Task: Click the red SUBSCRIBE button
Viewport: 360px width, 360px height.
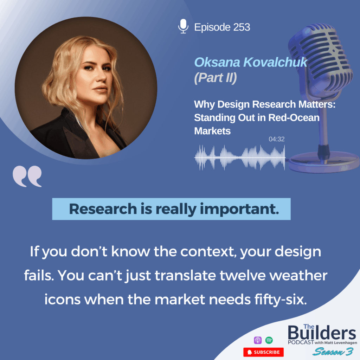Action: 263,352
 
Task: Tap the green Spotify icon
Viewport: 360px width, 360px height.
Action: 269,340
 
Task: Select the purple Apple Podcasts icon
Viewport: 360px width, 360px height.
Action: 258,340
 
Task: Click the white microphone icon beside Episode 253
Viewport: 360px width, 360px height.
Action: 183,26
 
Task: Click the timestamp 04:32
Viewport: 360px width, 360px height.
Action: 276,139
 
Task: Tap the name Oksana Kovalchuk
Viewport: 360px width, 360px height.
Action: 250,62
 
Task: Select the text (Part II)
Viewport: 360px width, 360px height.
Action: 216,78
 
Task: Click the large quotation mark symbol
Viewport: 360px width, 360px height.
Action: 27,176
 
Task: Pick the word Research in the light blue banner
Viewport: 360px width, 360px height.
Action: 103,209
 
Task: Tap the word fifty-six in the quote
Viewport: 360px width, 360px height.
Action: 280,300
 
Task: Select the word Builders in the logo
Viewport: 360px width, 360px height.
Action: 322,333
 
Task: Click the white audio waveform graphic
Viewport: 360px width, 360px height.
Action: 240,157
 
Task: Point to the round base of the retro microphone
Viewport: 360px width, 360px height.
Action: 324,162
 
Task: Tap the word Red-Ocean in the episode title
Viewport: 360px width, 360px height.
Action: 294,118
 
